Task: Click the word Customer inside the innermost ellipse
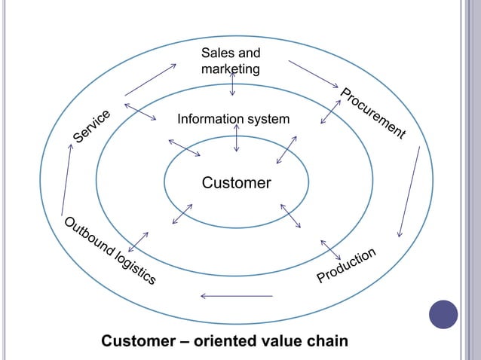pyautogui.click(x=236, y=183)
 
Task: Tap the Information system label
pyautogui.click(x=232, y=119)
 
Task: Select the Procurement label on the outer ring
pyautogui.click(x=372, y=114)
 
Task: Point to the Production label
pyautogui.click(x=346, y=266)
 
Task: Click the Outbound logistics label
pyautogui.click(x=109, y=252)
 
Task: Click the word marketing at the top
pyautogui.click(x=231, y=69)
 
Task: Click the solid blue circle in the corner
pyautogui.click(x=443, y=314)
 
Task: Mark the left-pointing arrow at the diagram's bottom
pyautogui.click(x=236, y=295)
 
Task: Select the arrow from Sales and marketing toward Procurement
pyautogui.click(x=314, y=76)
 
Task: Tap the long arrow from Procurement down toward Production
pyautogui.click(x=409, y=191)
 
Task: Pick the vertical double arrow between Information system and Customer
pyautogui.click(x=237, y=138)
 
